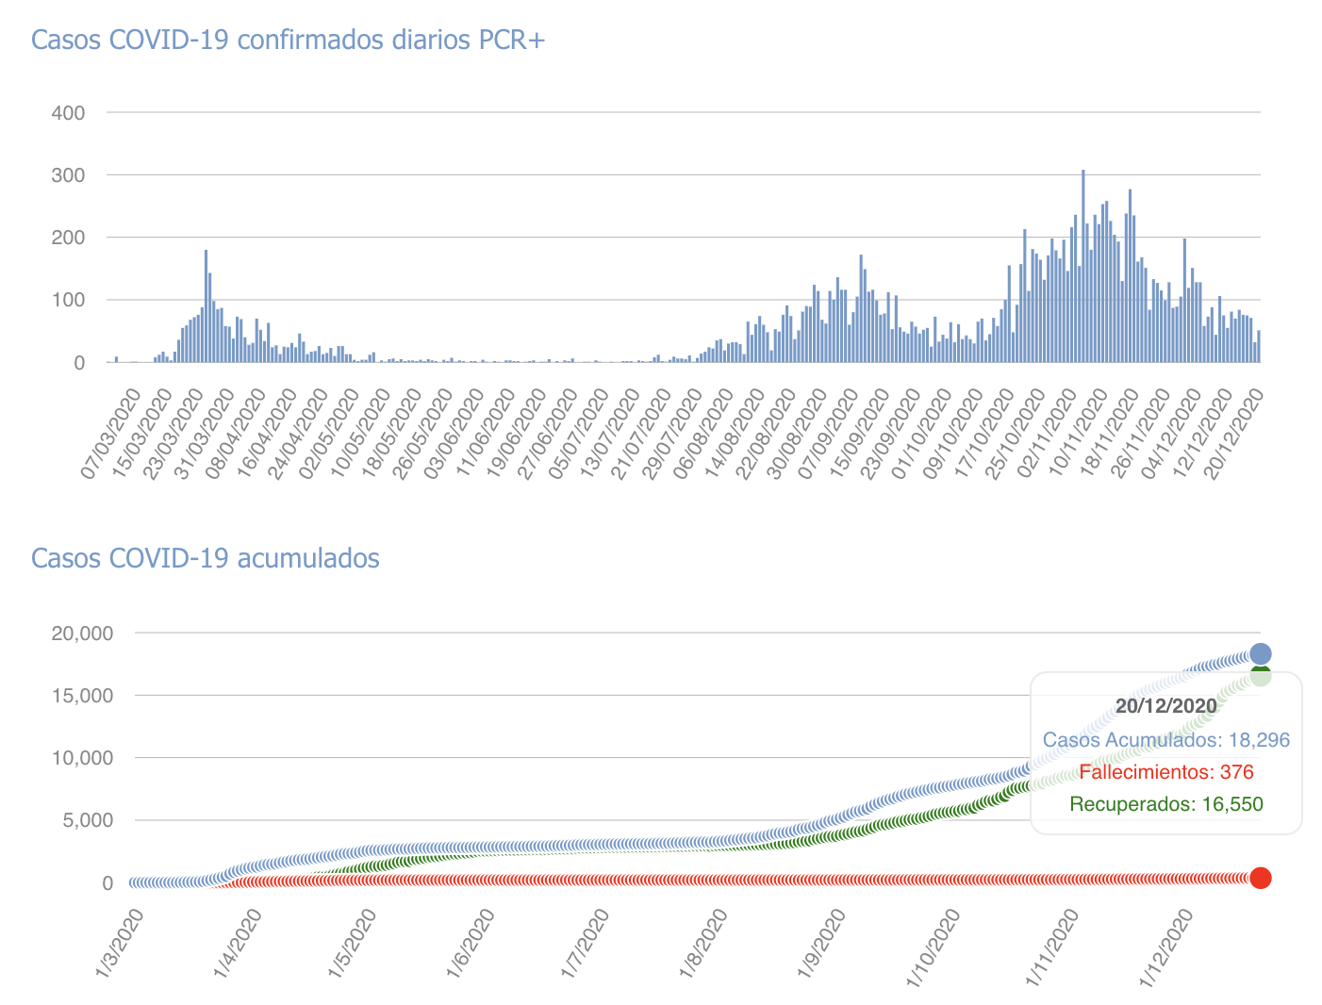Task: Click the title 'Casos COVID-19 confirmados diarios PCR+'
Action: pyautogui.click(x=289, y=41)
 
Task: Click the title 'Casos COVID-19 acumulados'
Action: pyautogui.click(x=206, y=558)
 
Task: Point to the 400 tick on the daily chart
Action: pyautogui.click(x=68, y=113)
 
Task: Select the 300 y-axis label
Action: pyautogui.click(x=68, y=175)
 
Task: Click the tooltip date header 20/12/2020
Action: pyautogui.click(x=1165, y=705)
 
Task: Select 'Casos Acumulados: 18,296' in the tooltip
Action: pyautogui.click(x=1165, y=740)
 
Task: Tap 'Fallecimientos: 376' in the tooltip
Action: pyautogui.click(x=1165, y=772)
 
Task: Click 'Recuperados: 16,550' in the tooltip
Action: pyautogui.click(x=1165, y=804)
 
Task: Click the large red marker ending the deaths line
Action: pyautogui.click(x=1260, y=878)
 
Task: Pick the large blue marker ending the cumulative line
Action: pyautogui.click(x=1260, y=654)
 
